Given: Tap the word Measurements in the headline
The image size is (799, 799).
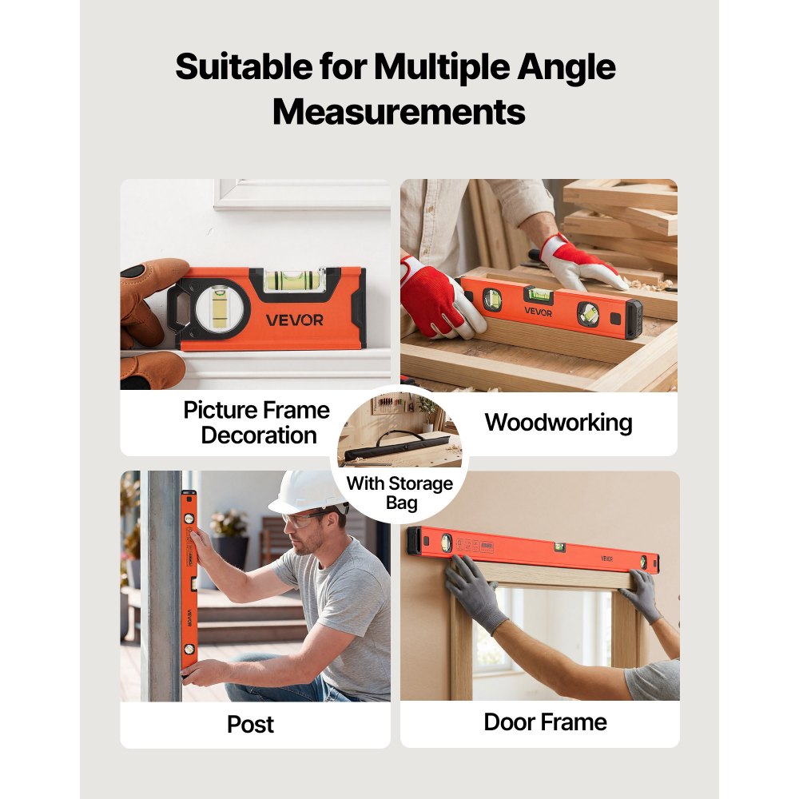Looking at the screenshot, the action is click(x=399, y=112).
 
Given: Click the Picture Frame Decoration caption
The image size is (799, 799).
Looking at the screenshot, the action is click(x=256, y=423).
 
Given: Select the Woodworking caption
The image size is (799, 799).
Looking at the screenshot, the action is click(x=559, y=423).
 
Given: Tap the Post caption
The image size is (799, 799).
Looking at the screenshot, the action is click(x=250, y=724).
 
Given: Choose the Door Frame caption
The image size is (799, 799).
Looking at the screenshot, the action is click(x=545, y=722).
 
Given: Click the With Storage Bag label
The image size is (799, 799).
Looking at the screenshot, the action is click(x=400, y=493).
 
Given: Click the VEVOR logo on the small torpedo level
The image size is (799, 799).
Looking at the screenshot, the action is click(x=295, y=320).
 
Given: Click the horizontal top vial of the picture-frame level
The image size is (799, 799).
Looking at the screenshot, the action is click(x=295, y=280).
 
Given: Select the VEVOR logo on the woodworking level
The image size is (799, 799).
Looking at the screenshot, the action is click(x=538, y=312).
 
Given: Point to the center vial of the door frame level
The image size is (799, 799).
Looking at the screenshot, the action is click(x=559, y=548).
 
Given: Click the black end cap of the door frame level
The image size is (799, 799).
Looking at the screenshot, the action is click(x=414, y=541).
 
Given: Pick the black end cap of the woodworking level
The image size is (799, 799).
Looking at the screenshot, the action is click(x=634, y=320).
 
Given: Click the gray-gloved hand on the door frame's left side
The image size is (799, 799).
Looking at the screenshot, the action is click(x=473, y=593).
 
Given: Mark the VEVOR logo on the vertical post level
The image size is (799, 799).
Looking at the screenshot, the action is click(x=189, y=618).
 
